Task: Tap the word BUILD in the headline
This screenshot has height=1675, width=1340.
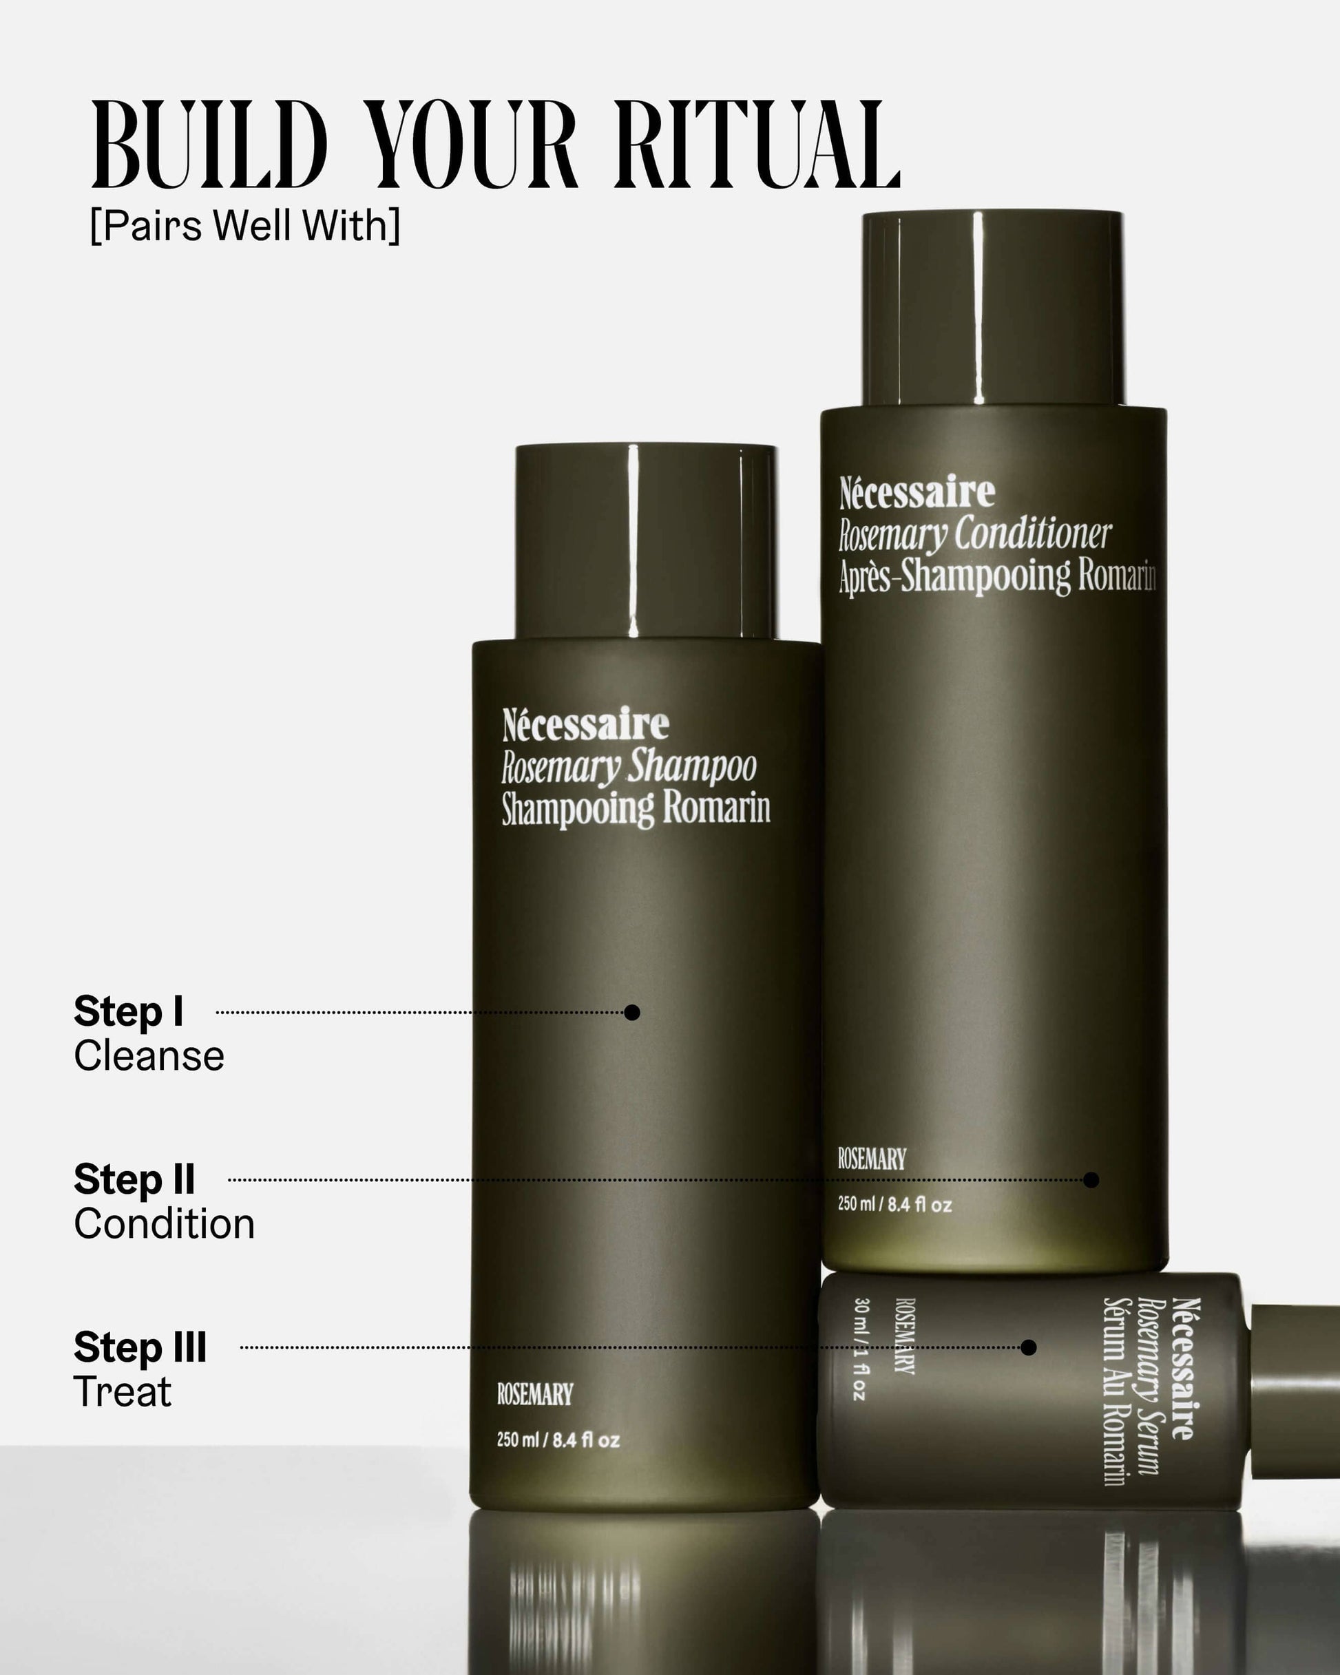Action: point(209,145)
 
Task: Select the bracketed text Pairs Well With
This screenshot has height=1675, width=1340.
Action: point(245,226)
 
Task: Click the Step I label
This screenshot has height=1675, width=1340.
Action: point(128,1011)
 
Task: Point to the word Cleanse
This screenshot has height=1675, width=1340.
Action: point(149,1057)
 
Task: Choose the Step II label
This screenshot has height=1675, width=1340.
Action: point(134,1179)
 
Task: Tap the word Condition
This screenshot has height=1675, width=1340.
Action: point(164,1224)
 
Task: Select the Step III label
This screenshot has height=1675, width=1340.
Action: point(140,1347)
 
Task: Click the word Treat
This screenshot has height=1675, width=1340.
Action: point(122,1392)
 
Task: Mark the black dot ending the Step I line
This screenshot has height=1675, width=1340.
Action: point(632,1012)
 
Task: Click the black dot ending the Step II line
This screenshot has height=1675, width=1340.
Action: point(1091,1180)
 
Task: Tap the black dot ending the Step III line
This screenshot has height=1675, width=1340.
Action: point(1028,1348)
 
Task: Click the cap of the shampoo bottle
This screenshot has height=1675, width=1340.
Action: point(647,542)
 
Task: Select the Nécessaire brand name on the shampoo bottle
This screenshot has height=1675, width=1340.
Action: point(585,724)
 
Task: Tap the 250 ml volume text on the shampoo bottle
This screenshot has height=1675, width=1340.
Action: point(558,1440)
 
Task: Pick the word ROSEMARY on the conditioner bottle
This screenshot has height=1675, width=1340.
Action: point(871,1160)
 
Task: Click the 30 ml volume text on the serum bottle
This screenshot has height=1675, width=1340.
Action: point(859,1349)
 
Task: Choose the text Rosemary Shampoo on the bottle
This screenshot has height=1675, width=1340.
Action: point(628,768)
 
